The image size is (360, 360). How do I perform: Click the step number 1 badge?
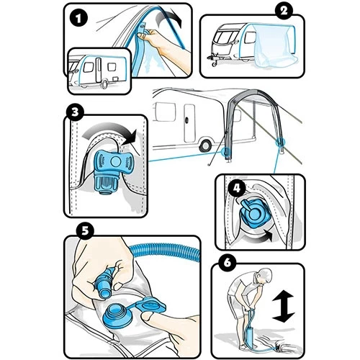click(x=78, y=19)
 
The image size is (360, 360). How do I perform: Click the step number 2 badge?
click(x=284, y=11)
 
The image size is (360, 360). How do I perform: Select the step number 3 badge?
click(x=75, y=112)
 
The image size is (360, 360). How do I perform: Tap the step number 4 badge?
click(x=237, y=188)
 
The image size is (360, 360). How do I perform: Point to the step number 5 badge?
click(x=85, y=231)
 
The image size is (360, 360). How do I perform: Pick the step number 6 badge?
click(x=227, y=263)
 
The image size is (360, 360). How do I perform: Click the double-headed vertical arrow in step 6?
click(x=283, y=306)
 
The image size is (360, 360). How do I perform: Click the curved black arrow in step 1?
click(x=168, y=17)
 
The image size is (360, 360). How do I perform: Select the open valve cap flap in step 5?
click(x=150, y=305)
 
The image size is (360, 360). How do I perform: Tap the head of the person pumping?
click(x=265, y=276)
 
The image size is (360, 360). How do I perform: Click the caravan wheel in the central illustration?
click(x=206, y=145)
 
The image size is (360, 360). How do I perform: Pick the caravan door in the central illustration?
click(x=189, y=123)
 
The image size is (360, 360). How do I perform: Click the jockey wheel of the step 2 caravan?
click(x=214, y=64)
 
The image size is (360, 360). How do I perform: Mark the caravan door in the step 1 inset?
click(x=99, y=70)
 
